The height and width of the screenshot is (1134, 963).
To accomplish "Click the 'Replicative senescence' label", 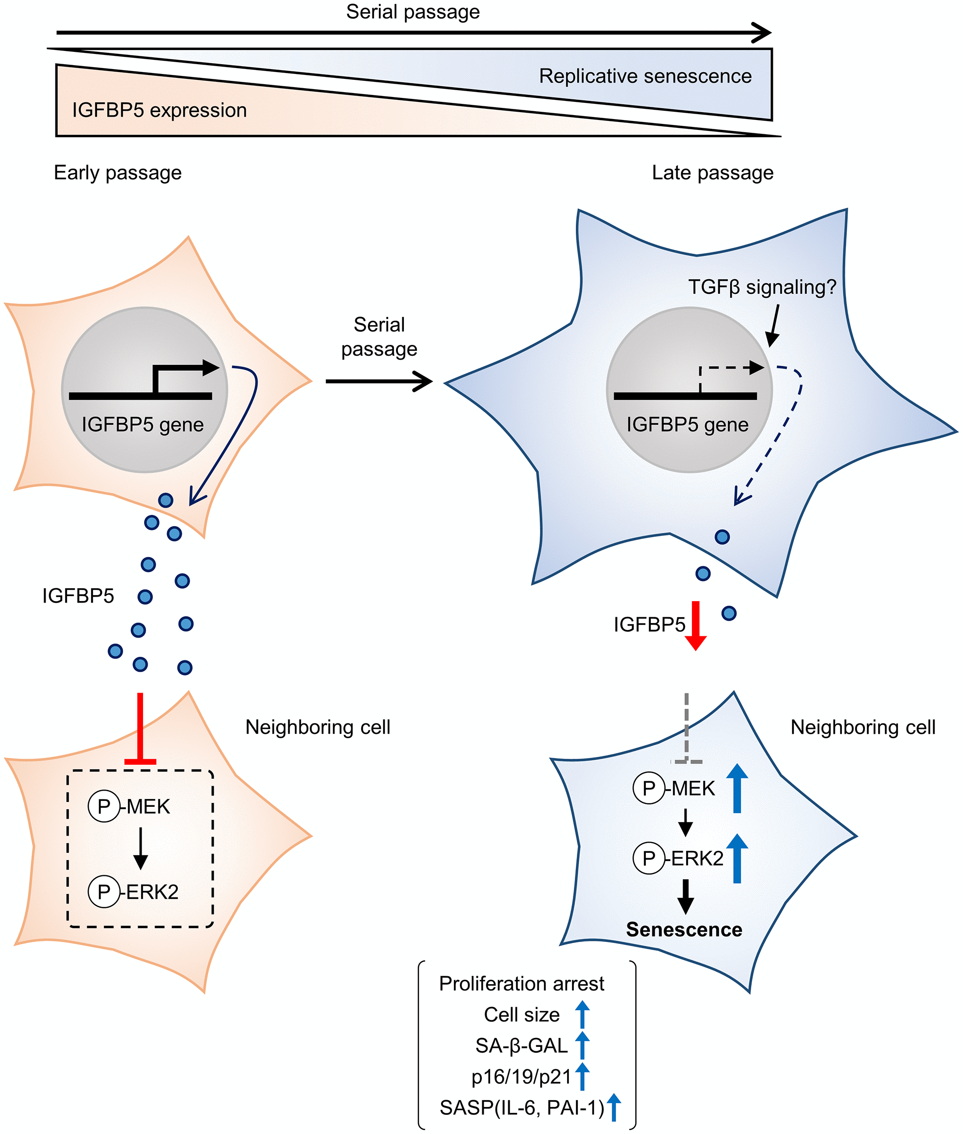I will tap(645, 76).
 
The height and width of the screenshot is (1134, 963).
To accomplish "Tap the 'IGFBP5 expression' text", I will tap(159, 110).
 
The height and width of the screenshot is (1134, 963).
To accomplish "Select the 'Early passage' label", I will tap(117, 172).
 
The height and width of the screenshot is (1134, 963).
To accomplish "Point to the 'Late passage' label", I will tap(713, 172).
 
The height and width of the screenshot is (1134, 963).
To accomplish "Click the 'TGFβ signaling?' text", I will tap(762, 287).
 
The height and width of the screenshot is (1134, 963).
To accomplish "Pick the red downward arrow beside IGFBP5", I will tap(695, 626).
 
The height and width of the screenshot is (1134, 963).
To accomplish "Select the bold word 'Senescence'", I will tap(684, 929).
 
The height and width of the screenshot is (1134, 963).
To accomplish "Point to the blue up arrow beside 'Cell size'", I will tap(583, 1014).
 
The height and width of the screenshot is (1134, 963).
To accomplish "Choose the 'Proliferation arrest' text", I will tap(521, 984).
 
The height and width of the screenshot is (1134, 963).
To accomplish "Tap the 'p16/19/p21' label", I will tap(521, 1077).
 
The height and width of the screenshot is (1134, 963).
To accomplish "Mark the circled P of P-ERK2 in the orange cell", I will tap(104, 892).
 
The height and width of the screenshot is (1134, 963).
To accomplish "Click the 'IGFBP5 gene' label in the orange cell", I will tap(143, 424).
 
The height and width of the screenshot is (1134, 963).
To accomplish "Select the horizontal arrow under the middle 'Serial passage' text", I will tap(379, 381).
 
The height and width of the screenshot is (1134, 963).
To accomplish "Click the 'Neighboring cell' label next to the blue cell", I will tap(863, 727).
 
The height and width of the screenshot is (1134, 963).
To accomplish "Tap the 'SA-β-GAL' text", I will tap(521, 1046).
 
